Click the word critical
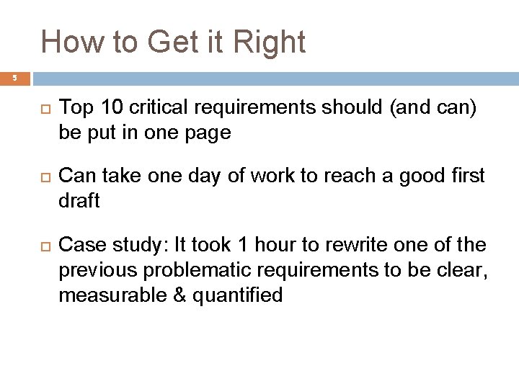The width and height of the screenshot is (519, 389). tap(157, 109)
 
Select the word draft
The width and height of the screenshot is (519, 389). tap(79, 200)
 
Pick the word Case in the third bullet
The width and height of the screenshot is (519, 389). tap(79, 246)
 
